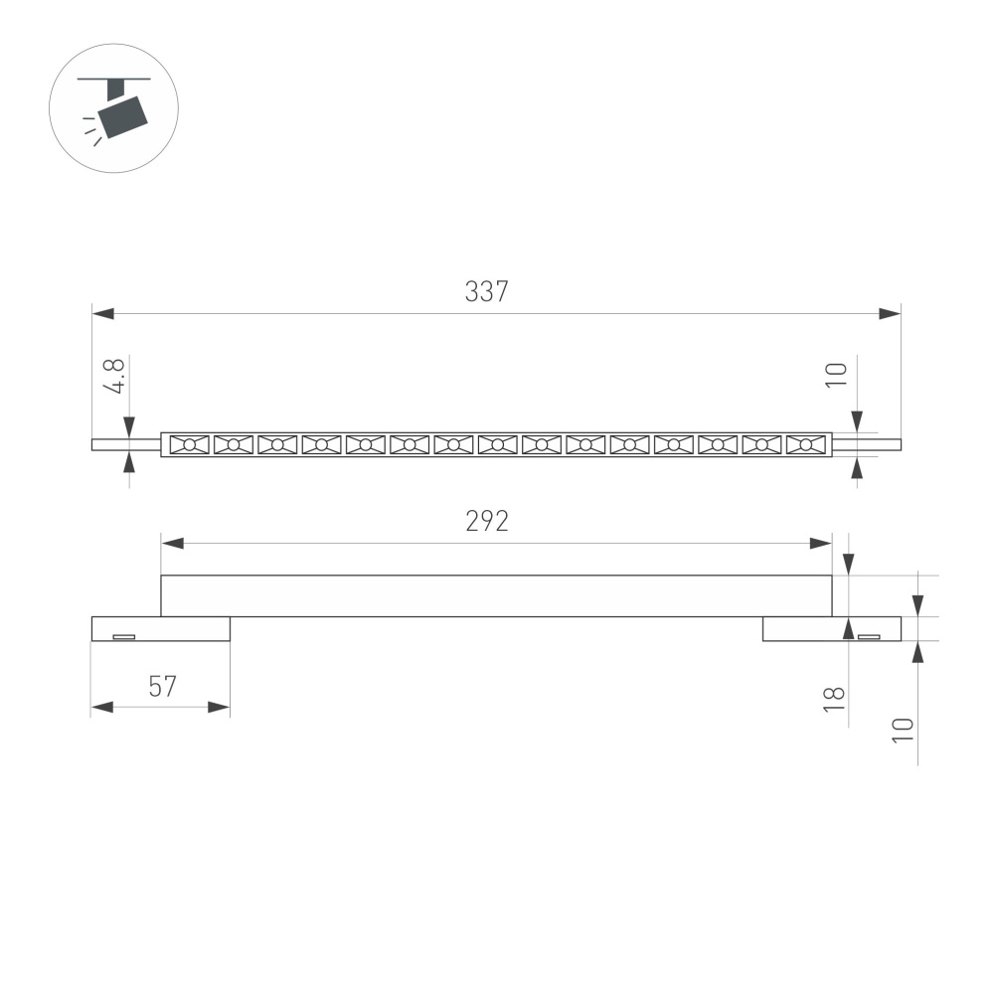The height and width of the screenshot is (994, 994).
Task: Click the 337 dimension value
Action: (486, 292)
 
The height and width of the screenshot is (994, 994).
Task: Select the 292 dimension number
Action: (486, 522)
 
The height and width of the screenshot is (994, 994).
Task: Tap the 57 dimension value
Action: (162, 687)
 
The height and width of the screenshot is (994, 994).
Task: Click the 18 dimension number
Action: (836, 699)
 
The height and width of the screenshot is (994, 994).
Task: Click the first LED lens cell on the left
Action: (189, 445)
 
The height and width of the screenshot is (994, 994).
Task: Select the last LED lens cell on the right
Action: (806, 445)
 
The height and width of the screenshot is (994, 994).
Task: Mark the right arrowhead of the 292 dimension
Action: (821, 544)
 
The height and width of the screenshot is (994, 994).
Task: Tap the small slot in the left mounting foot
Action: (123, 636)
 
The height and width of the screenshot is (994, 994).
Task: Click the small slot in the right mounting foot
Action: (869, 636)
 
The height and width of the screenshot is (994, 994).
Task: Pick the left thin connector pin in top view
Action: (126, 445)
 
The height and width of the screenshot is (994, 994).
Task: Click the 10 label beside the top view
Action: (836, 375)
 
